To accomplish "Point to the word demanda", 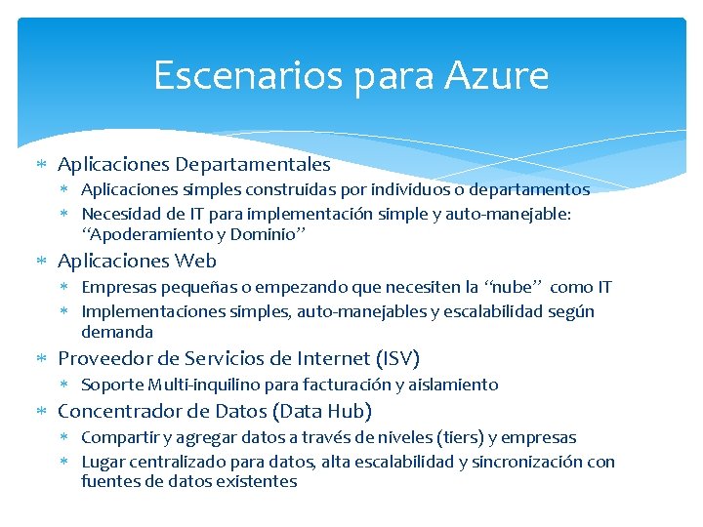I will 117,332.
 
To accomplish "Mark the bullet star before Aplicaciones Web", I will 42,262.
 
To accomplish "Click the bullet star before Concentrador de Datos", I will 42,412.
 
